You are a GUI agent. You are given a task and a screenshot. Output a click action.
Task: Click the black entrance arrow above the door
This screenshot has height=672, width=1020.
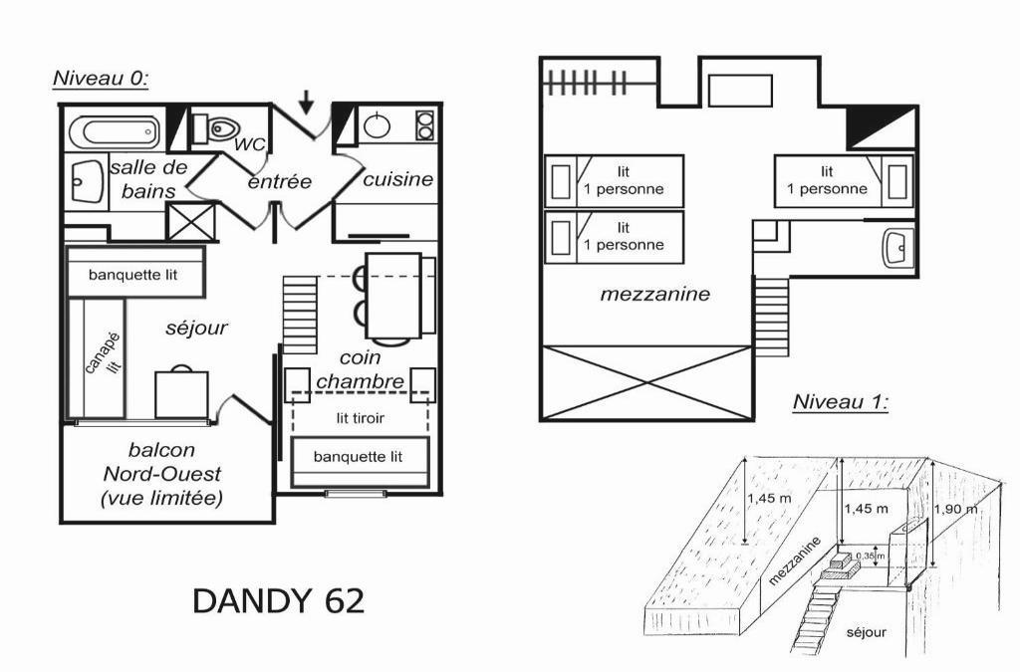(x=307, y=102)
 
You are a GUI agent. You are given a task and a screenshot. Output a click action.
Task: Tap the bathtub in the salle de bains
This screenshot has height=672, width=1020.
(x=114, y=132)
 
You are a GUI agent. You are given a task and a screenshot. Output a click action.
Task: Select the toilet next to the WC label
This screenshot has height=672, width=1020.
(x=216, y=128)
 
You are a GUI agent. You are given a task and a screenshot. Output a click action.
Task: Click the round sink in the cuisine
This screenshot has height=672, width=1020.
(x=377, y=126)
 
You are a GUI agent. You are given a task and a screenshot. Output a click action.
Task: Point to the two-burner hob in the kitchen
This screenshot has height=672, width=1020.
(x=424, y=125)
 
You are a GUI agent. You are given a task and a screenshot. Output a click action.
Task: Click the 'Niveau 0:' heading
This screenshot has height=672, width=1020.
(x=101, y=78)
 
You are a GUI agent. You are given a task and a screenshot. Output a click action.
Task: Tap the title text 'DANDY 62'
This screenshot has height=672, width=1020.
(x=279, y=601)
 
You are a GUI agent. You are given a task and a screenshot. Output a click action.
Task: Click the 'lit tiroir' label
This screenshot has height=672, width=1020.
(x=360, y=418)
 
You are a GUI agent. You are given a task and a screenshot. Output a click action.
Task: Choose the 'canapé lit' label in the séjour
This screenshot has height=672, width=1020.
(x=104, y=354)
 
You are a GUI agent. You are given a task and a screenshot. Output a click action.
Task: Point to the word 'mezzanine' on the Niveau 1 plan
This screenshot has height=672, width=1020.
(x=654, y=295)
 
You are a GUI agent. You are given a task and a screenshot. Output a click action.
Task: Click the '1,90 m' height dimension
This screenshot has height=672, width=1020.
(x=955, y=509)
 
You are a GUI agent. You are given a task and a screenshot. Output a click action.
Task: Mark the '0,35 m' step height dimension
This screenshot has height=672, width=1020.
(x=871, y=556)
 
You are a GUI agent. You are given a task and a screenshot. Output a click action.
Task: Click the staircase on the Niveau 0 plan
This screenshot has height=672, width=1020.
(x=300, y=315)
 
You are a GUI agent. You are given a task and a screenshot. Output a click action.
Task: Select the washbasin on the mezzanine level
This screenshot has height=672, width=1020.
(x=897, y=247)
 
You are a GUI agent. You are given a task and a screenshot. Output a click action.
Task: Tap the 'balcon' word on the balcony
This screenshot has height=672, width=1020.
(x=161, y=450)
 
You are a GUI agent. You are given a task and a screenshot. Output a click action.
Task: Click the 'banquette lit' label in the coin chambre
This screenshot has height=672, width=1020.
(x=358, y=457)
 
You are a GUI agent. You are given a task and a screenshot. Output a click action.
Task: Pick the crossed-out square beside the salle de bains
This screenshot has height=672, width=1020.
(x=190, y=222)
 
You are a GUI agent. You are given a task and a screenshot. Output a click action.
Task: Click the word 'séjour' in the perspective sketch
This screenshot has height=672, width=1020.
(x=866, y=632)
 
